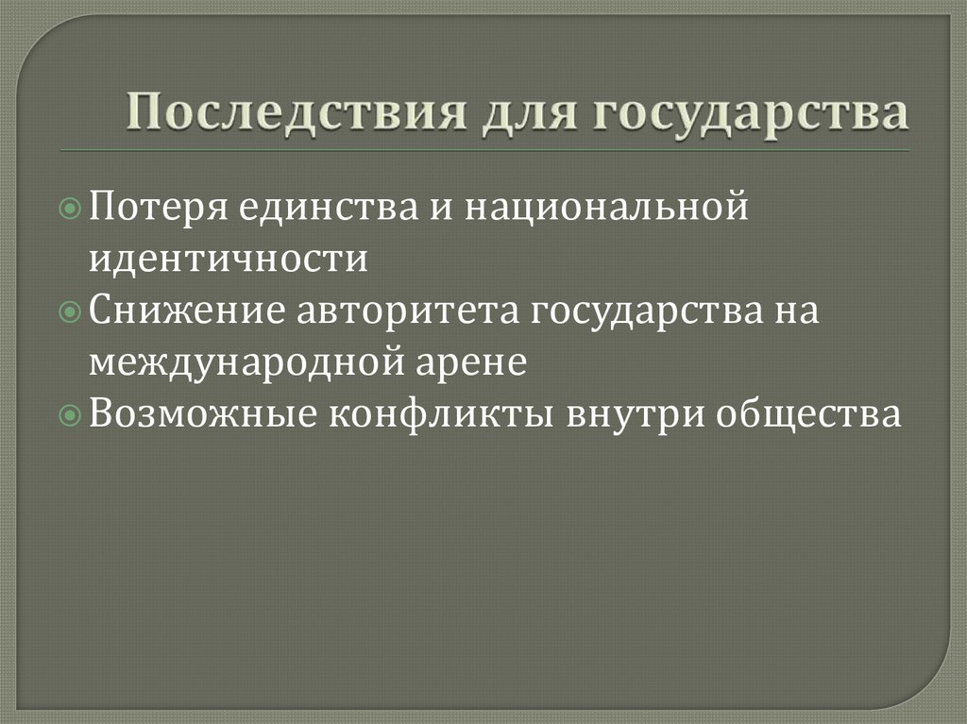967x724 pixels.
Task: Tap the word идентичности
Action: pos(229,258)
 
